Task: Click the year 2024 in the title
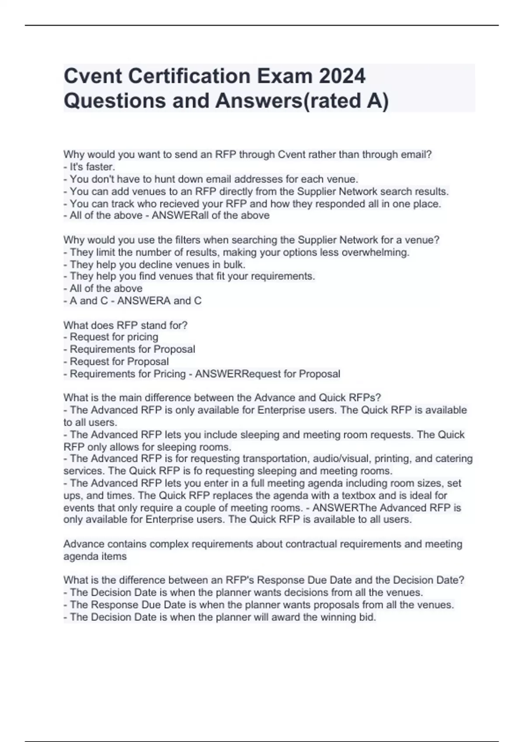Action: point(342,76)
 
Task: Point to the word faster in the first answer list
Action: point(100,167)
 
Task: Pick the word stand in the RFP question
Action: point(152,325)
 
